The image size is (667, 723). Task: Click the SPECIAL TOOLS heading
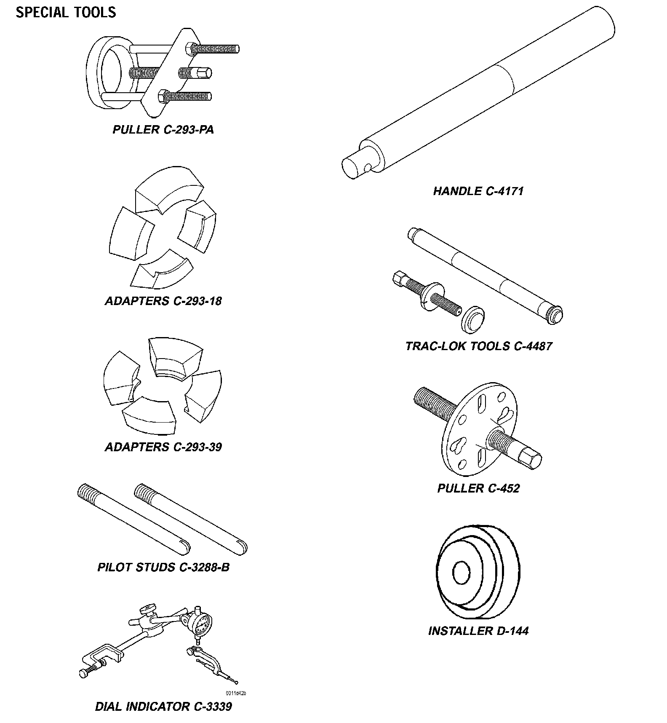(x=66, y=12)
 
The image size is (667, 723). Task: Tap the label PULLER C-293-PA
(x=163, y=129)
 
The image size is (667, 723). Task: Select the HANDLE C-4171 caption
(x=478, y=191)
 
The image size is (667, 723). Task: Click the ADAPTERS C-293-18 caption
(x=163, y=301)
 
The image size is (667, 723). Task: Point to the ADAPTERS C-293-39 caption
(x=163, y=447)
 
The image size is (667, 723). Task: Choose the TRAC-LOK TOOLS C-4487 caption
(x=478, y=346)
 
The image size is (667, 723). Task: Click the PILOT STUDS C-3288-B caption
(x=163, y=567)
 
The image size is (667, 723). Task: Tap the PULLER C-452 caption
(x=478, y=488)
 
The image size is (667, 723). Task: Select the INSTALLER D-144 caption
(x=478, y=631)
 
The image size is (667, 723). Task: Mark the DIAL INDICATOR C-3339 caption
(x=163, y=706)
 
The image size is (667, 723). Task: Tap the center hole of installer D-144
(x=461, y=573)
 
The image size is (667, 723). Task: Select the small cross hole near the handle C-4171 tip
(x=368, y=168)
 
